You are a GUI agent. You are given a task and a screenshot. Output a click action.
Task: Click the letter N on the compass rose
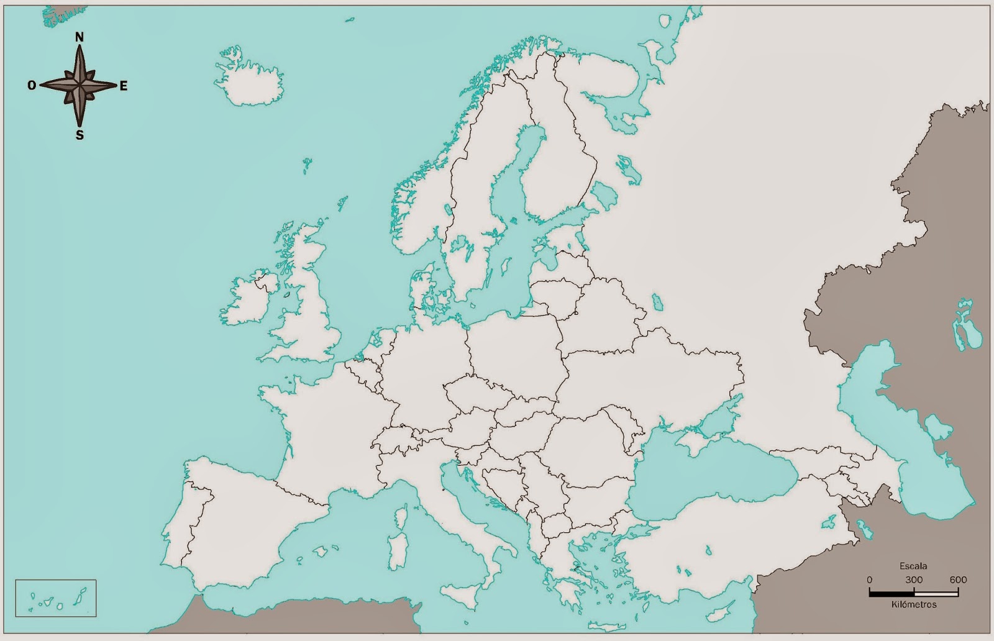pyautogui.click(x=80, y=37)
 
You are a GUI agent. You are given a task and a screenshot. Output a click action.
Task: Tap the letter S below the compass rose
pyautogui.click(x=80, y=135)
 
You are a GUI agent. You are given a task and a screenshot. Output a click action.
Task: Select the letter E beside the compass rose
pyautogui.click(x=123, y=86)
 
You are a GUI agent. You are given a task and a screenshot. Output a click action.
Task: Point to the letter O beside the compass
pyautogui.click(x=32, y=86)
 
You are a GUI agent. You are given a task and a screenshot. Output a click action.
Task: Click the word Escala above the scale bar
pyautogui.click(x=913, y=566)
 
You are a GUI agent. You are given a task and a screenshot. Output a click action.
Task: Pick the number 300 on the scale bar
pyautogui.click(x=913, y=580)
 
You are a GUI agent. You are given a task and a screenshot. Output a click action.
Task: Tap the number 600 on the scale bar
pyautogui.click(x=958, y=580)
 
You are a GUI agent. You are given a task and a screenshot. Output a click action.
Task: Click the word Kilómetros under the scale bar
pyautogui.click(x=913, y=604)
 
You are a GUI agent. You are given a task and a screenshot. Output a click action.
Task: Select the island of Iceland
pyautogui.click(x=248, y=84)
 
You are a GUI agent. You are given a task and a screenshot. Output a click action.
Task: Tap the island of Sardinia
pyautogui.click(x=398, y=550)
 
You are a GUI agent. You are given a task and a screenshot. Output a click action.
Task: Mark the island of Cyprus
pyautogui.click(x=721, y=612)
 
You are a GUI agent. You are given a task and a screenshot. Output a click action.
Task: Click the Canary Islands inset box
pyautogui.click(x=55, y=598)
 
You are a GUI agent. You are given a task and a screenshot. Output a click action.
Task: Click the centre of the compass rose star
pyautogui.click(x=80, y=85)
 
